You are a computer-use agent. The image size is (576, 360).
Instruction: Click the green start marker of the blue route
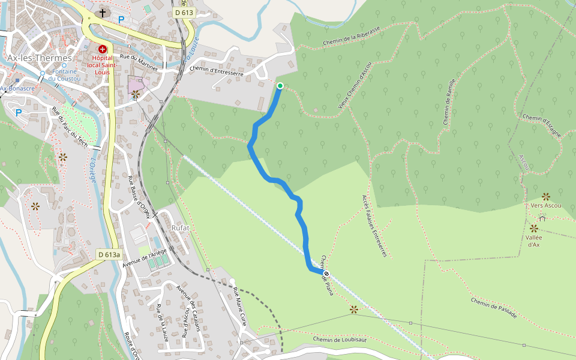[280, 86]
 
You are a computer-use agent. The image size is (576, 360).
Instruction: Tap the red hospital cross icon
[103, 49]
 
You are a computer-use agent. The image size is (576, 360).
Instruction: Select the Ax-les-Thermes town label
[40, 58]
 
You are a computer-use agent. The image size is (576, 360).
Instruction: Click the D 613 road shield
[184, 13]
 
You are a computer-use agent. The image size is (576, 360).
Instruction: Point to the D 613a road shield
[109, 254]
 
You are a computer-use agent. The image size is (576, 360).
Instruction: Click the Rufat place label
[181, 228]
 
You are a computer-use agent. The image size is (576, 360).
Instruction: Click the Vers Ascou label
[546, 206]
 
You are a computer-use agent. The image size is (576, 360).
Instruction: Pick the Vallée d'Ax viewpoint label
[533, 241]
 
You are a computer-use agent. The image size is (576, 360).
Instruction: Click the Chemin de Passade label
[494, 308]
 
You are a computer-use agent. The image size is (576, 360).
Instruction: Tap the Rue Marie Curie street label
[240, 306]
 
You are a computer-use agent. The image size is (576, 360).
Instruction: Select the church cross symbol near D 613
[103, 13]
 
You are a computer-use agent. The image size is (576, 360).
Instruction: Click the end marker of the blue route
[326, 274]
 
